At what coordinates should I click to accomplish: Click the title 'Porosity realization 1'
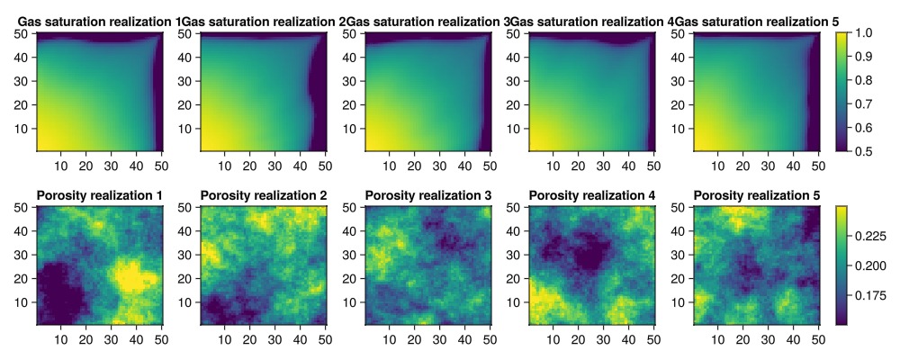point(100,195)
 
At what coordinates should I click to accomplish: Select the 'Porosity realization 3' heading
point(427,195)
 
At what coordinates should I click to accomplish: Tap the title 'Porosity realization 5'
point(757,195)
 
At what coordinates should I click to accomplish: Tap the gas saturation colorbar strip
point(842,91)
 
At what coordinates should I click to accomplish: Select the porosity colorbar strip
point(842,265)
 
